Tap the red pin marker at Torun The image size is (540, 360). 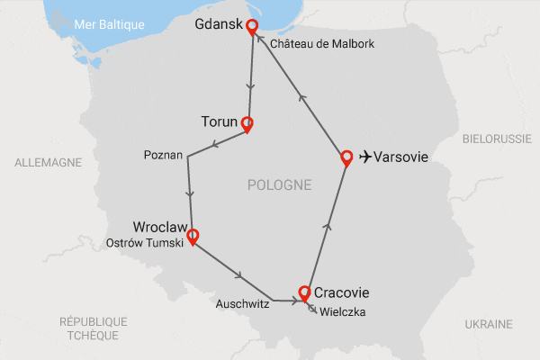(x=246, y=124)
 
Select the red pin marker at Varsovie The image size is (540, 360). (x=346, y=158)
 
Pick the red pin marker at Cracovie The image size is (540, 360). (x=304, y=292)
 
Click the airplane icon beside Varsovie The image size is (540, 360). (x=364, y=157)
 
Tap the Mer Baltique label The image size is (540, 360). (x=109, y=24)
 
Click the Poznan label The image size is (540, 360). (x=163, y=156)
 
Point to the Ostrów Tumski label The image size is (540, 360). (x=144, y=242)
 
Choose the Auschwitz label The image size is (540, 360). (x=243, y=304)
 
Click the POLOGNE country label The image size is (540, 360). (x=279, y=185)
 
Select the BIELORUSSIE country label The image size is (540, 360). (x=497, y=140)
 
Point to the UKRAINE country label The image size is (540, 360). (x=489, y=324)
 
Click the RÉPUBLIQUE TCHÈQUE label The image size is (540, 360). (x=93, y=328)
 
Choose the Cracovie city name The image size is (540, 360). (x=341, y=292)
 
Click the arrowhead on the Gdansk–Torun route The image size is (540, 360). (x=249, y=88)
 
